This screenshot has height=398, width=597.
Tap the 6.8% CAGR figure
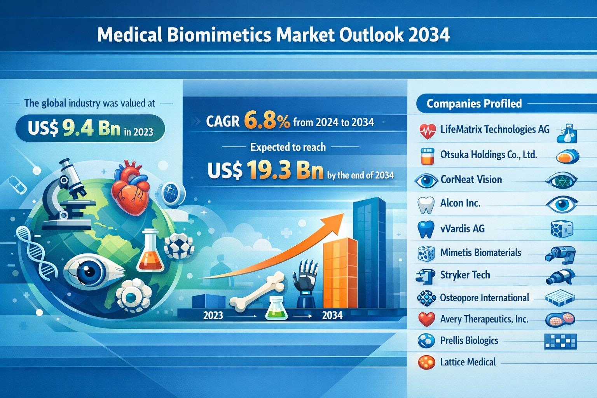(x=267, y=122)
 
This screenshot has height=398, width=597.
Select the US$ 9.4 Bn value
(x=74, y=129)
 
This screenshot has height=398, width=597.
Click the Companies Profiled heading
(x=474, y=103)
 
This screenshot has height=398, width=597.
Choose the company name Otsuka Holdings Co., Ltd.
(x=489, y=155)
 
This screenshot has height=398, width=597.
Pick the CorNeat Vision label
(x=471, y=180)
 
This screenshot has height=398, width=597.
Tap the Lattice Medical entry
(x=468, y=362)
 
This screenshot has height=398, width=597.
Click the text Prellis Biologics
(x=469, y=340)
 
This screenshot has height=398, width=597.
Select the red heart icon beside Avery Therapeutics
(x=427, y=319)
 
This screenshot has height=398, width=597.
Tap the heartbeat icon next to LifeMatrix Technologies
(x=428, y=131)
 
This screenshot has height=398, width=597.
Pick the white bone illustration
(x=257, y=292)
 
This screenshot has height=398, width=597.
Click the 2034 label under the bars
(x=332, y=315)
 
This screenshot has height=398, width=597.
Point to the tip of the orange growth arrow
(x=343, y=214)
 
